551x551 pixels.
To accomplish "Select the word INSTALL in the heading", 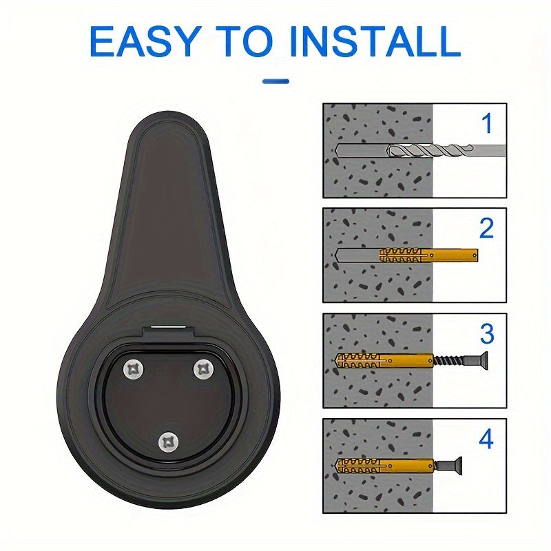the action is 375,41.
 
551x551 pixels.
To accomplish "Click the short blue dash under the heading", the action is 276,81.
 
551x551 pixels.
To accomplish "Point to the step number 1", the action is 487,123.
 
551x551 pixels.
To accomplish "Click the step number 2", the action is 487,228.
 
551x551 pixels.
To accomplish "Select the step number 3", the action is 487,333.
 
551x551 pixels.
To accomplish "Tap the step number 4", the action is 486,439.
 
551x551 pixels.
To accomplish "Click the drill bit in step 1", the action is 446,150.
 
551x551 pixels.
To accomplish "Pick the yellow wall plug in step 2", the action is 428,255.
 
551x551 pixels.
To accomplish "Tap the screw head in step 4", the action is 456,466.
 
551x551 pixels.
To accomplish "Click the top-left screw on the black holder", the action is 134,370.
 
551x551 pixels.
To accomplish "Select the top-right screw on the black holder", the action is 204,370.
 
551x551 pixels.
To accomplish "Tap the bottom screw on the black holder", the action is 169,442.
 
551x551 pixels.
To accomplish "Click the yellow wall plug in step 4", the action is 385,466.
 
